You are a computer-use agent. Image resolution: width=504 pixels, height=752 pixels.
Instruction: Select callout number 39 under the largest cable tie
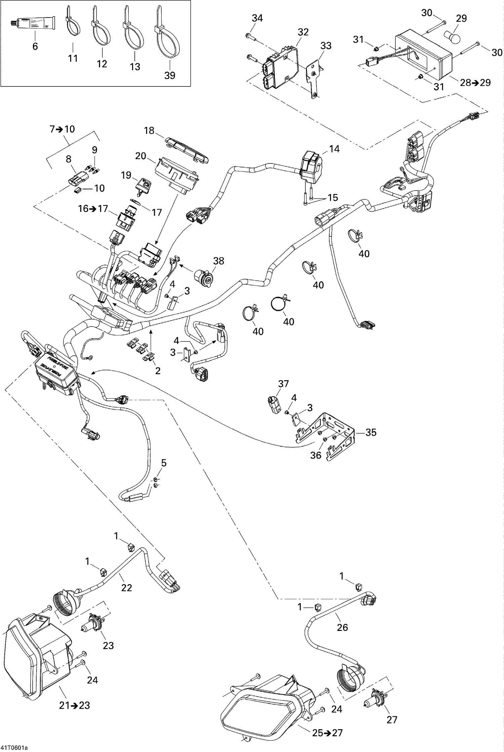click(170, 75)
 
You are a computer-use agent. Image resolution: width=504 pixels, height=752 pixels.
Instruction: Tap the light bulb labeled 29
click(452, 36)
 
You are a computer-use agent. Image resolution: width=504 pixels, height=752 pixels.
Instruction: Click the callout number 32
click(303, 32)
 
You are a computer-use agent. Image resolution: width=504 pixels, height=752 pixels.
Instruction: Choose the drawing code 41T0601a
click(14, 748)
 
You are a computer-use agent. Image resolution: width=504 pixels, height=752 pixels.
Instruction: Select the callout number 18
click(149, 130)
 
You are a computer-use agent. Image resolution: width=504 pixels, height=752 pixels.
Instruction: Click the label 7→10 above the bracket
click(62, 129)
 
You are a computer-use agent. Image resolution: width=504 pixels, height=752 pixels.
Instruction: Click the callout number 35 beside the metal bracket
click(371, 432)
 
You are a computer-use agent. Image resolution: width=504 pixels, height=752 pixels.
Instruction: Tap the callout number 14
click(334, 149)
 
